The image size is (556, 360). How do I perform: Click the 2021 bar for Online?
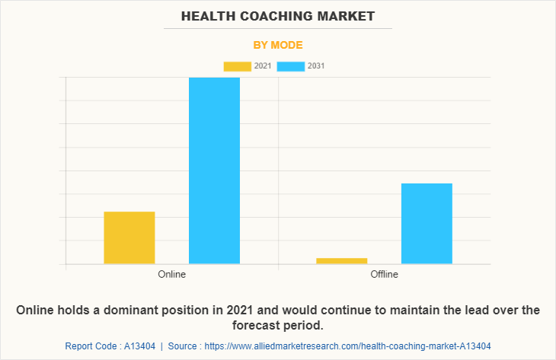pos(129,237)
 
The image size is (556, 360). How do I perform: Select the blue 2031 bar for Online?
pos(214,170)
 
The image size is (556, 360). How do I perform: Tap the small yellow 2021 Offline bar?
pos(342,261)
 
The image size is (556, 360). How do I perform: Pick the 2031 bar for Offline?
pos(427,223)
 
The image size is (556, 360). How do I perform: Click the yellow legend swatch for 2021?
pos(237,66)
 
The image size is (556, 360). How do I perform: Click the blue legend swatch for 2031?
pos(290,66)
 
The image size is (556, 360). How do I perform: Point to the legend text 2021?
pos(263,66)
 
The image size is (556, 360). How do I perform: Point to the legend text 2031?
pos(316,66)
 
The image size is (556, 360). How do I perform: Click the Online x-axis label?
pos(171,274)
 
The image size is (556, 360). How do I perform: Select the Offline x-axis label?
pos(384,274)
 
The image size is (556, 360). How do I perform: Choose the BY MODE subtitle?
pos(278,45)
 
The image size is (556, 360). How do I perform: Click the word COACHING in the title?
pos(280,15)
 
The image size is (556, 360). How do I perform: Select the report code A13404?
pos(139,346)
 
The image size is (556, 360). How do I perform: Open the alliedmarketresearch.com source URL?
pos(347,346)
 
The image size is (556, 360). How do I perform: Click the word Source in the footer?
pos(184,346)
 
